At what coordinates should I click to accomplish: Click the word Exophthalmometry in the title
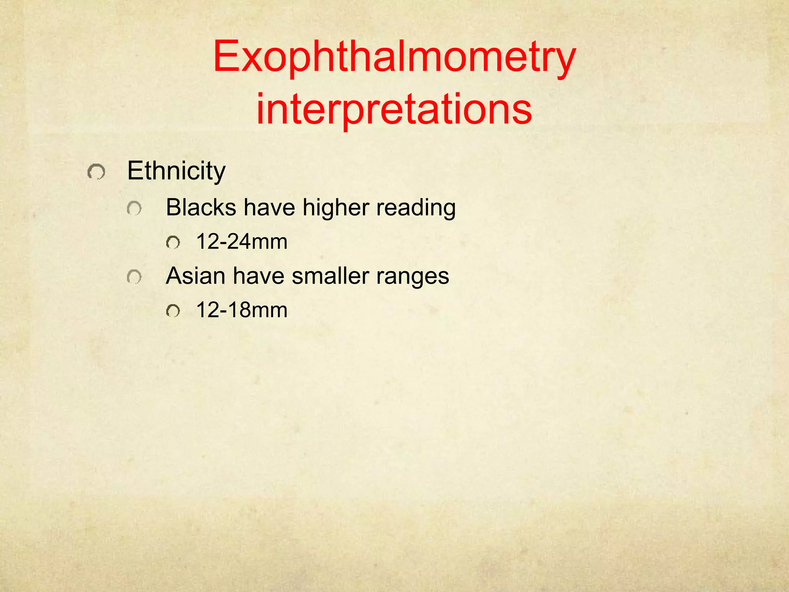(x=394, y=58)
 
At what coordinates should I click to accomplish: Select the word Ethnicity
(x=176, y=171)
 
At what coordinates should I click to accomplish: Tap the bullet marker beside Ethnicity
(x=96, y=172)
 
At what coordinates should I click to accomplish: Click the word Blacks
(x=201, y=207)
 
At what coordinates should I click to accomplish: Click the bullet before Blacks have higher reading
(x=134, y=209)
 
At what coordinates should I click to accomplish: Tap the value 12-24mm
(x=242, y=242)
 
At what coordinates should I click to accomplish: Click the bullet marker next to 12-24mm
(x=173, y=243)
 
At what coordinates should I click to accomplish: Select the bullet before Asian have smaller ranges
(x=134, y=277)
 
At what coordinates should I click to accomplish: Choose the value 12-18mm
(x=242, y=310)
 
